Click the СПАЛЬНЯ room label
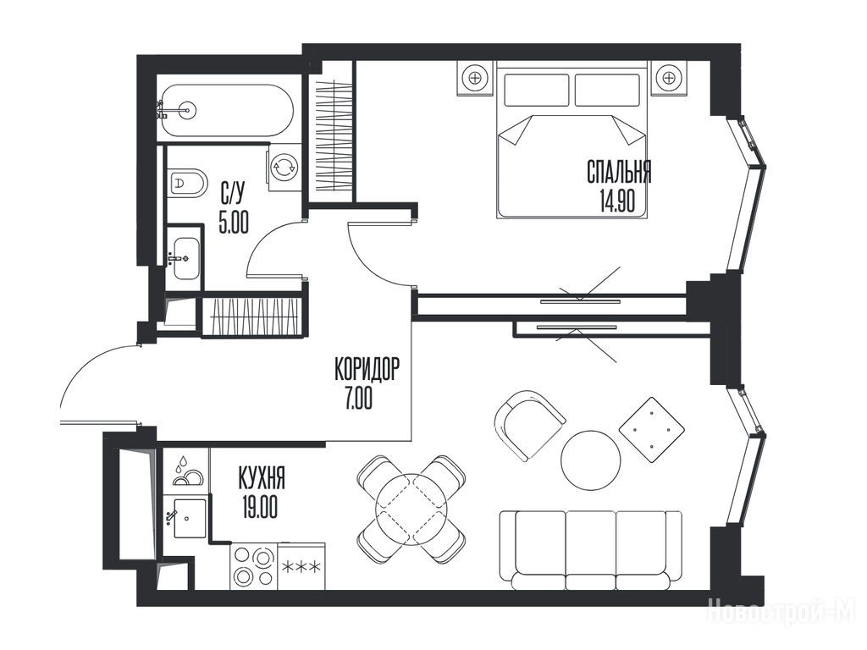tap(619, 172)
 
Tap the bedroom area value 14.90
tap(617, 201)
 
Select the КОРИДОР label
tap(366, 369)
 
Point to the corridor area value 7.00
tap(359, 398)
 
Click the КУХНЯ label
tap(262, 478)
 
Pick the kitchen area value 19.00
tap(260, 507)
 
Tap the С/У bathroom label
tap(232, 194)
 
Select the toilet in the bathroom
tap(187, 181)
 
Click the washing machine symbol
tap(284, 167)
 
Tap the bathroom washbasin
tap(185, 258)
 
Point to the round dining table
tap(411, 509)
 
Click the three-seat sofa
tap(590, 550)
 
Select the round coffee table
tap(590, 460)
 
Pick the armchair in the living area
tap(527, 424)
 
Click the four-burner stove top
tap(254, 566)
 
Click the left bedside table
tap(475, 78)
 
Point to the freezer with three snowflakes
tap(301, 566)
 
